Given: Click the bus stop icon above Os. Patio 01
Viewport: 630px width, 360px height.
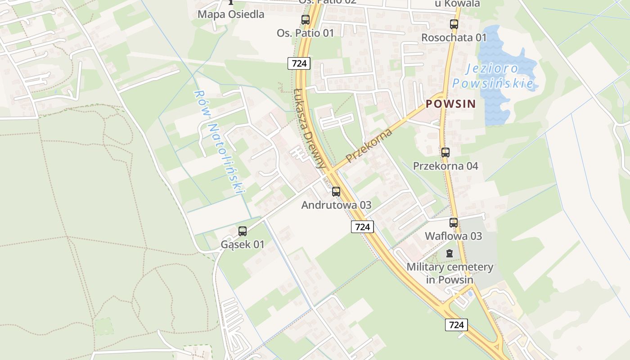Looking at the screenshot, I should click(x=306, y=20).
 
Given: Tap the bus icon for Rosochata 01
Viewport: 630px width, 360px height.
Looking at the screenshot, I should click(x=454, y=24).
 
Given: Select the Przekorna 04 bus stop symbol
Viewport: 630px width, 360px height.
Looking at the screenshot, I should click(x=445, y=153).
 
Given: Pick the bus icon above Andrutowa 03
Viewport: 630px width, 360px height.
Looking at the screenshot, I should click(x=336, y=192).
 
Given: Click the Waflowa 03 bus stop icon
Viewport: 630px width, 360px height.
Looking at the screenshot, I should click(x=453, y=223).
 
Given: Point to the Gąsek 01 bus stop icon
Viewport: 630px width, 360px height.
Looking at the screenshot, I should click(x=243, y=231).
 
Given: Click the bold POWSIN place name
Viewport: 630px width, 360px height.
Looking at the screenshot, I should click(x=450, y=104).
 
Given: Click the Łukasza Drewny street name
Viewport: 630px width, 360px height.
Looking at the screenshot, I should click(x=309, y=129).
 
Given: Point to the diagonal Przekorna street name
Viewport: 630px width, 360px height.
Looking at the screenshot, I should click(x=369, y=145).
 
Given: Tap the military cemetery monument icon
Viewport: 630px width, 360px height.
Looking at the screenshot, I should click(x=449, y=253).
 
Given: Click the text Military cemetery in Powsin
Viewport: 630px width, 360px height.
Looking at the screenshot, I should click(x=450, y=273).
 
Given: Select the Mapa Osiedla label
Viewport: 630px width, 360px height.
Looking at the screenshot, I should click(x=231, y=14).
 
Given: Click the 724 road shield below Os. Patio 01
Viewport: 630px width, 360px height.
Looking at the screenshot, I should click(x=299, y=63).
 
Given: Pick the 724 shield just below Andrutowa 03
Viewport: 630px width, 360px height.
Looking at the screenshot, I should click(x=362, y=227).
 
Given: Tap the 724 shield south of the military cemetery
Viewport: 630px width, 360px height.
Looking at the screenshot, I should click(x=456, y=324).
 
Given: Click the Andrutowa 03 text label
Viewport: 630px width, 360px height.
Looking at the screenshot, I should click(x=336, y=205).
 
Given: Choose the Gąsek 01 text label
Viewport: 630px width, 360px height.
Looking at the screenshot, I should click(x=243, y=245).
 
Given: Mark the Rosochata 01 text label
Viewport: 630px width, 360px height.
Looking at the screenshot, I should click(x=454, y=37).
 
